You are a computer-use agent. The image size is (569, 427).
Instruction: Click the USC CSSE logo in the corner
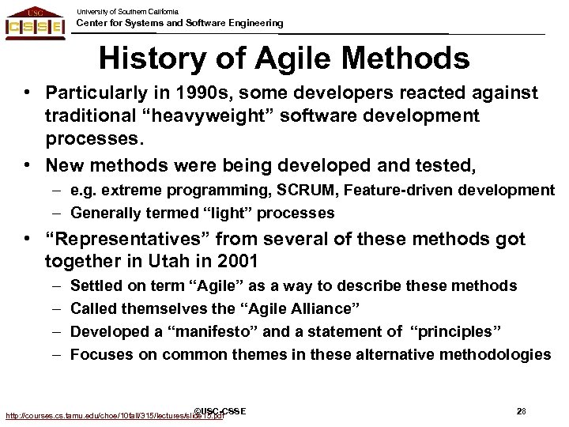(36, 22)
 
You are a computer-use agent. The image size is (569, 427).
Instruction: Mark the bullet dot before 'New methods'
(27, 164)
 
